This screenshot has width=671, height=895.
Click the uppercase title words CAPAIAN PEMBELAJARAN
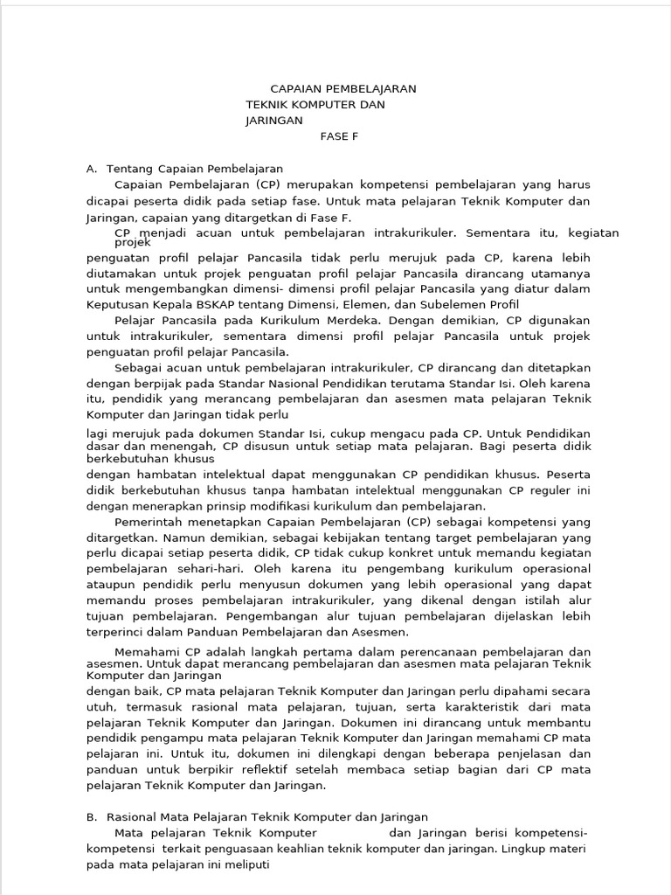[343, 89]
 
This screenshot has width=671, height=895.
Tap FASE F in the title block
[339, 137]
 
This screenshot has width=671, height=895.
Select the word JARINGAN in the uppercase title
[273, 121]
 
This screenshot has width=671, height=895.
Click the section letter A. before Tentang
[92, 169]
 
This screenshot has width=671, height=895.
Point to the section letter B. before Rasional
[92, 816]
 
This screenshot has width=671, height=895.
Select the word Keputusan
[117, 305]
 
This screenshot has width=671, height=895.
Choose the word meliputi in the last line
[246, 864]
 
